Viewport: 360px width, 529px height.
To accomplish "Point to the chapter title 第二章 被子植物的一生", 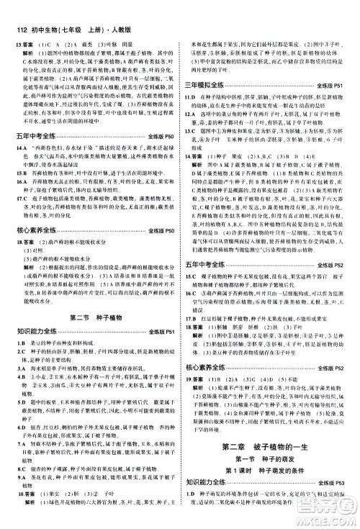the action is point(270,444).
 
